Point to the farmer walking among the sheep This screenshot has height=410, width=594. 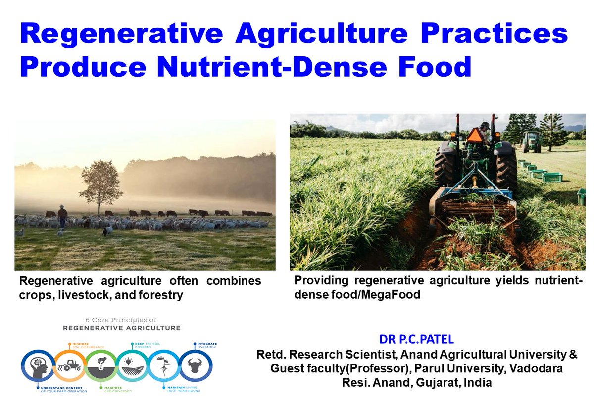(62, 216)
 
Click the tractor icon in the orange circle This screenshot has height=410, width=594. (70, 366)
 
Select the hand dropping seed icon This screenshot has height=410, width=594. (101, 366)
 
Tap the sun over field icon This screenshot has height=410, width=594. (133, 366)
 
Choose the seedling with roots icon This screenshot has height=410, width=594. (164, 366)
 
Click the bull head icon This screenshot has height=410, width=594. (195, 366)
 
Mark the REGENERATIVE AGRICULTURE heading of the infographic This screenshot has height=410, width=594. (121, 328)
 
